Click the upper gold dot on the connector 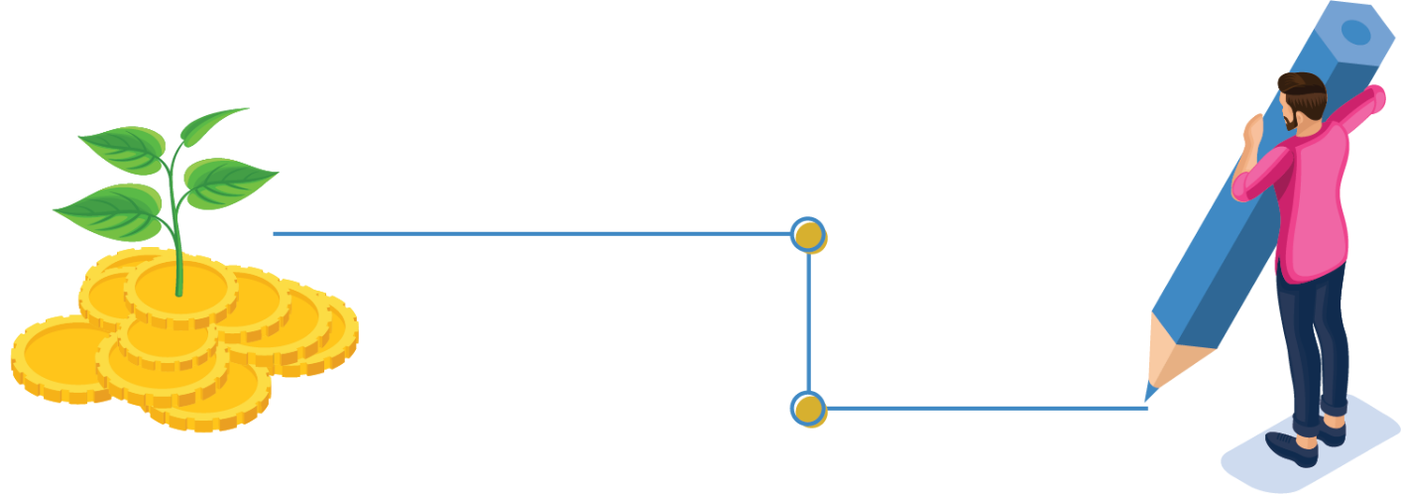(x=809, y=235)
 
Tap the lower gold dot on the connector (x=809, y=408)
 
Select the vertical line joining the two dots (x=809, y=321)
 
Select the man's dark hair (x=1301, y=88)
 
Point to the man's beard (x=1290, y=120)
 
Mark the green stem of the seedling (x=177, y=238)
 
